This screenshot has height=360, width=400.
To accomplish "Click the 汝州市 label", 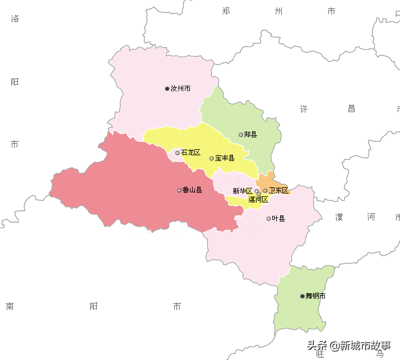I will point(180,89).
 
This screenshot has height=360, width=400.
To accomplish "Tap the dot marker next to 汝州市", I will point(167,89).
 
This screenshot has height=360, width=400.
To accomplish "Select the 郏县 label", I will point(250,135).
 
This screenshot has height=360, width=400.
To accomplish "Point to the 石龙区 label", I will point(190,153).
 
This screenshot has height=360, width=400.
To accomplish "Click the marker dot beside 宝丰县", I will point(212,159).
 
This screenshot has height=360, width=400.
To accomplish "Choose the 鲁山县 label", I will point(192,190).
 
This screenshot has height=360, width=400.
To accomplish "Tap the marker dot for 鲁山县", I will point(179,190).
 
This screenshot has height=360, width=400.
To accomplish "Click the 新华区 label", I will point(243,191).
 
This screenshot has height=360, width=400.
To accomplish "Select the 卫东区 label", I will point(278,191).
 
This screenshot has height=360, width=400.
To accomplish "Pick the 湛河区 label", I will point(258,199).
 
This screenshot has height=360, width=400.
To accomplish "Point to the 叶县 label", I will point(278,218).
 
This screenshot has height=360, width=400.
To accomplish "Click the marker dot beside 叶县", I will point(269,218).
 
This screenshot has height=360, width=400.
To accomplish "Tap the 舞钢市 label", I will point(315,296).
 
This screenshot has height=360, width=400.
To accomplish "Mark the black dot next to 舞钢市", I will point(303,296).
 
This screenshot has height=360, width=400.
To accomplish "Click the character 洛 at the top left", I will point(15,19).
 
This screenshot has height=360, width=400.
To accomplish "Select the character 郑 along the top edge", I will point(226,11).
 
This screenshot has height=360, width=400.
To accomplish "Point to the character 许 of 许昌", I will point(304,109).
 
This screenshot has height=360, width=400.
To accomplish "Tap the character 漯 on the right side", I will point(339,217).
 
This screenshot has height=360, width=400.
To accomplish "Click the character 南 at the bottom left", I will point(10,306).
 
